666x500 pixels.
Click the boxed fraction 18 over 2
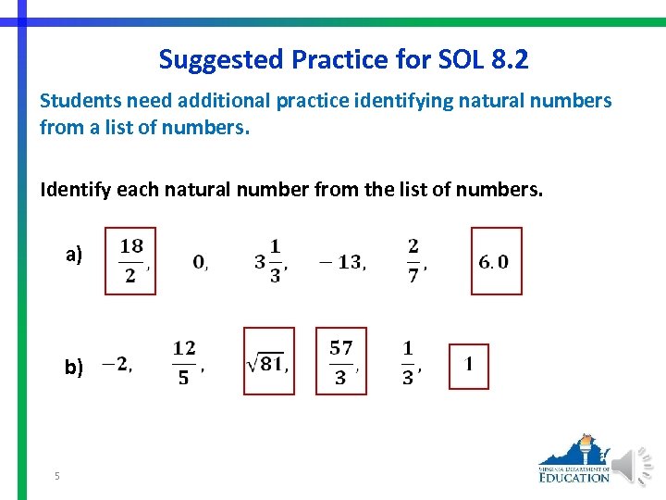click(x=131, y=261)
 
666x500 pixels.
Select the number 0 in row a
click(x=199, y=262)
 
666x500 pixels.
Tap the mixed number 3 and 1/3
click(x=270, y=262)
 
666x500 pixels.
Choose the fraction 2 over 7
click(x=413, y=261)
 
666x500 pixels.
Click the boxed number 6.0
click(x=494, y=262)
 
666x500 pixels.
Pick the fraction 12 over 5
click(x=184, y=362)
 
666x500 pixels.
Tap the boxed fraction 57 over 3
click(x=340, y=362)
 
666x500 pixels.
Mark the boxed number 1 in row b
click(x=469, y=365)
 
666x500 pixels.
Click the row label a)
click(x=74, y=255)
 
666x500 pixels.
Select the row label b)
click(x=74, y=368)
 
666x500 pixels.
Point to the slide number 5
click(x=57, y=476)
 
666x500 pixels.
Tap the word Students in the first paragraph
click(x=78, y=101)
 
